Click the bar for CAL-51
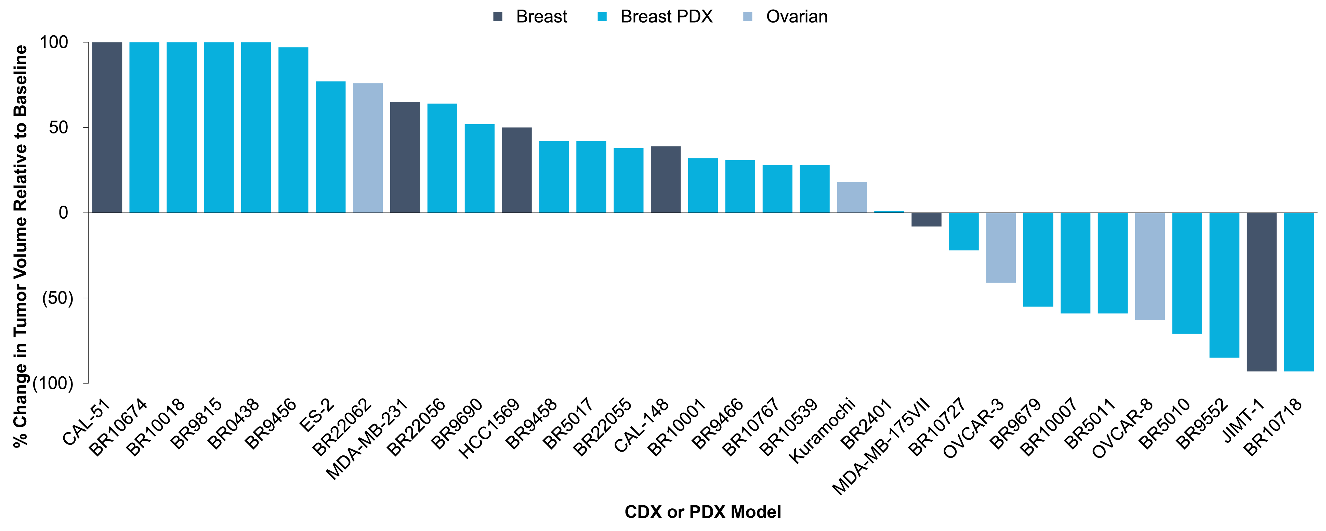[x=107, y=127]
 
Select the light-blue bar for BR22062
[x=368, y=148]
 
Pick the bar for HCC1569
[x=517, y=170]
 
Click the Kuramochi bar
[x=852, y=197]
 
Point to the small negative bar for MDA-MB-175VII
[x=927, y=219]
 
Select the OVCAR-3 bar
[x=1001, y=248]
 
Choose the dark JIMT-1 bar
[x=1262, y=292]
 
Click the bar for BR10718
[x=1299, y=292]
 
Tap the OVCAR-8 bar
[x=1150, y=266]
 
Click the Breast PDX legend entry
[x=655, y=16]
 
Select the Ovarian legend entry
[x=786, y=16]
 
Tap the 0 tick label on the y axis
[x=63, y=213]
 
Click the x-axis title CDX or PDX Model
[x=703, y=512]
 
